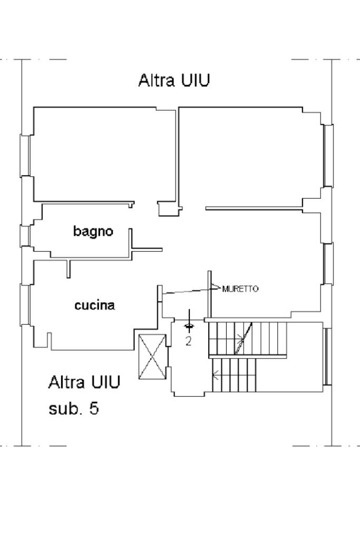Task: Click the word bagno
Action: [93, 231]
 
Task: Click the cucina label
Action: [94, 305]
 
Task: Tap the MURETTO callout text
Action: [240, 289]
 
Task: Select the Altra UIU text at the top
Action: [174, 80]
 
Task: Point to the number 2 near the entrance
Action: [188, 341]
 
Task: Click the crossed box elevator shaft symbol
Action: [152, 356]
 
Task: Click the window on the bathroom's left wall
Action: [24, 236]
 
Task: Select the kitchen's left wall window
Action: [25, 305]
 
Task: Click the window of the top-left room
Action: [25, 156]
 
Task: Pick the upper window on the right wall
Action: [328, 156]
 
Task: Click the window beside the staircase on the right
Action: [327, 356]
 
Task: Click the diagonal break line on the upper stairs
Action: [244, 338]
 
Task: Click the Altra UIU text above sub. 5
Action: [84, 382]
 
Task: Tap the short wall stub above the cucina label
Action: [68, 268]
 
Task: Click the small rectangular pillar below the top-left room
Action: [169, 209]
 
